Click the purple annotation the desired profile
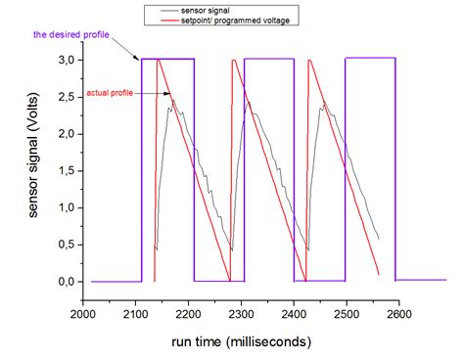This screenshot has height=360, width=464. pyautogui.click(x=69, y=35)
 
